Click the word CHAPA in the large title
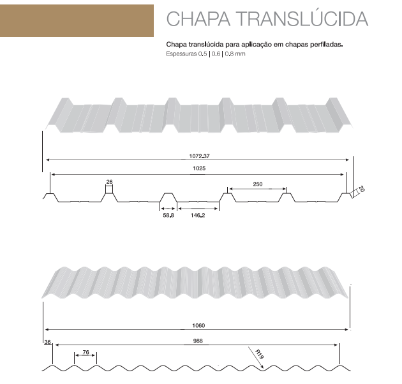(198, 18)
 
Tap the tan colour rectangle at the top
(77, 20)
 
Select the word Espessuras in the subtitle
(181, 54)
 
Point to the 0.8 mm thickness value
(235, 54)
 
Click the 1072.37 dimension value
(199, 156)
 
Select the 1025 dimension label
(199, 168)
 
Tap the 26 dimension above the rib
(109, 182)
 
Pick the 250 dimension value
(258, 184)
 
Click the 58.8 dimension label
(168, 216)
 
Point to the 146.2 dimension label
(198, 216)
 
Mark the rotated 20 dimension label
(361, 189)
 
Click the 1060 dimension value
(198, 325)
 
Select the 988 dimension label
(198, 341)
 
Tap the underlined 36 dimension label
(47, 342)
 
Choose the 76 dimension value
(86, 352)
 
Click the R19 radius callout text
(259, 354)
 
